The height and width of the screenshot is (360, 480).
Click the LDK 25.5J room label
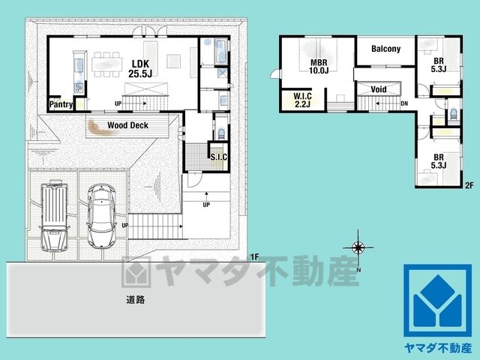(x=140, y=69)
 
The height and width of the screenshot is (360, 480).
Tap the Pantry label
(x=61, y=104)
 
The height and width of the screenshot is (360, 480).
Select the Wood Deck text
(x=127, y=125)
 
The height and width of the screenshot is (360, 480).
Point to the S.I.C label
(x=219, y=157)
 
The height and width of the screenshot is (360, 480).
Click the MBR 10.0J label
(x=319, y=67)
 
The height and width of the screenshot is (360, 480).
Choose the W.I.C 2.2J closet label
(x=302, y=100)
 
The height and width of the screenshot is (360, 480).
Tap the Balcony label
(x=385, y=49)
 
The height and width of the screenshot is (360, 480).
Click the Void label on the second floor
(x=379, y=89)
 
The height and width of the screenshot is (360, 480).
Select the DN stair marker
(x=404, y=103)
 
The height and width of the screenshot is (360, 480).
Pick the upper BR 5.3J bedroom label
(x=439, y=65)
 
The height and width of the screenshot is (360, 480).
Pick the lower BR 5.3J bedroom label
(x=439, y=161)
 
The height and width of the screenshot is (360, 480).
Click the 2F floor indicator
(x=469, y=185)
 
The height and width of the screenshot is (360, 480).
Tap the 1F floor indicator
(x=255, y=257)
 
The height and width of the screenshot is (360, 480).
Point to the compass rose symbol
(x=358, y=247)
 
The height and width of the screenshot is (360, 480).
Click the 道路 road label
(x=136, y=300)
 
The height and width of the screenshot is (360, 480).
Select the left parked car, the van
(x=54, y=215)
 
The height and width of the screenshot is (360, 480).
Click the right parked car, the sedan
(x=102, y=215)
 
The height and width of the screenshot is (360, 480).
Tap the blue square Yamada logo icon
(x=437, y=300)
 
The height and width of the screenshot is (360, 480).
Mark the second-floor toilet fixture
(x=454, y=114)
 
